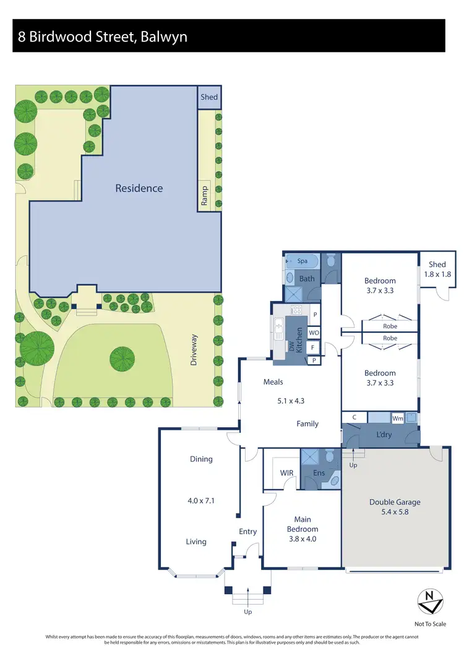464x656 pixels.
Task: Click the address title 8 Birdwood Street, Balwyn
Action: click(103, 36)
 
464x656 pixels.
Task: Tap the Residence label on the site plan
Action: click(139, 188)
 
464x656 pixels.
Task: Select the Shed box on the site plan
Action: click(209, 98)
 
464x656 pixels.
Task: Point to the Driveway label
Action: click(194, 350)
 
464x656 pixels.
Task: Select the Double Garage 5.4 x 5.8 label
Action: click(395, 506)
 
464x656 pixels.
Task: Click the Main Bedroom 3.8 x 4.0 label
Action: click(303, 529)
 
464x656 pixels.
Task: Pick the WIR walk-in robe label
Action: click(286, 473)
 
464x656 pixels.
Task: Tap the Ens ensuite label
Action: click(319, 473)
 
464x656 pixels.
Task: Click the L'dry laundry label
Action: click(384, 435)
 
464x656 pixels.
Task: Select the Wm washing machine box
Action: click(398, 419)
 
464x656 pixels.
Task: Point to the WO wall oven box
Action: click(314, 333)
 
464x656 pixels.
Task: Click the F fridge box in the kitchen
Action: click(314, 347)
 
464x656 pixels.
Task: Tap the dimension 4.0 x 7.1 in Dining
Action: click(201, 501)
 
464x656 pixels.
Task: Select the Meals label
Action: click(273, 382)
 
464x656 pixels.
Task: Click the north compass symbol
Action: click(428, 599)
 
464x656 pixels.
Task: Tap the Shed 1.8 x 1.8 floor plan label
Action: click(437, 269)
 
